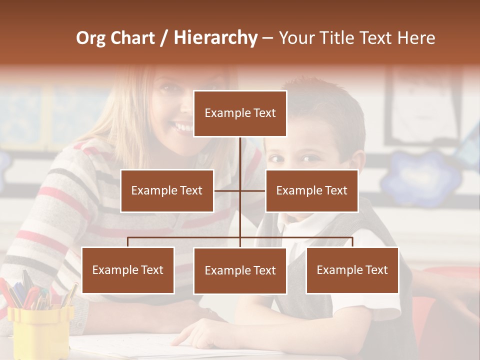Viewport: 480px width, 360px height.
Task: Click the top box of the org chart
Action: [240, 113]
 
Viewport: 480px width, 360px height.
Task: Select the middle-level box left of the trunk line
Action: [167, 190]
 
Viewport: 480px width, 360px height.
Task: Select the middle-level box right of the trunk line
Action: [311, 190]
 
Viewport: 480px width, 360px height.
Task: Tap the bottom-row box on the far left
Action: [128, 270]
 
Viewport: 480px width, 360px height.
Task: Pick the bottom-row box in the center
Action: [240, 270]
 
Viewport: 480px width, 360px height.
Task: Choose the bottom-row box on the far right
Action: [352, 270]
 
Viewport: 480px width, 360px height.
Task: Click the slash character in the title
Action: [164, 38]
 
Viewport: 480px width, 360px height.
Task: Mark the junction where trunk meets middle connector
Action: [240, 190]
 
